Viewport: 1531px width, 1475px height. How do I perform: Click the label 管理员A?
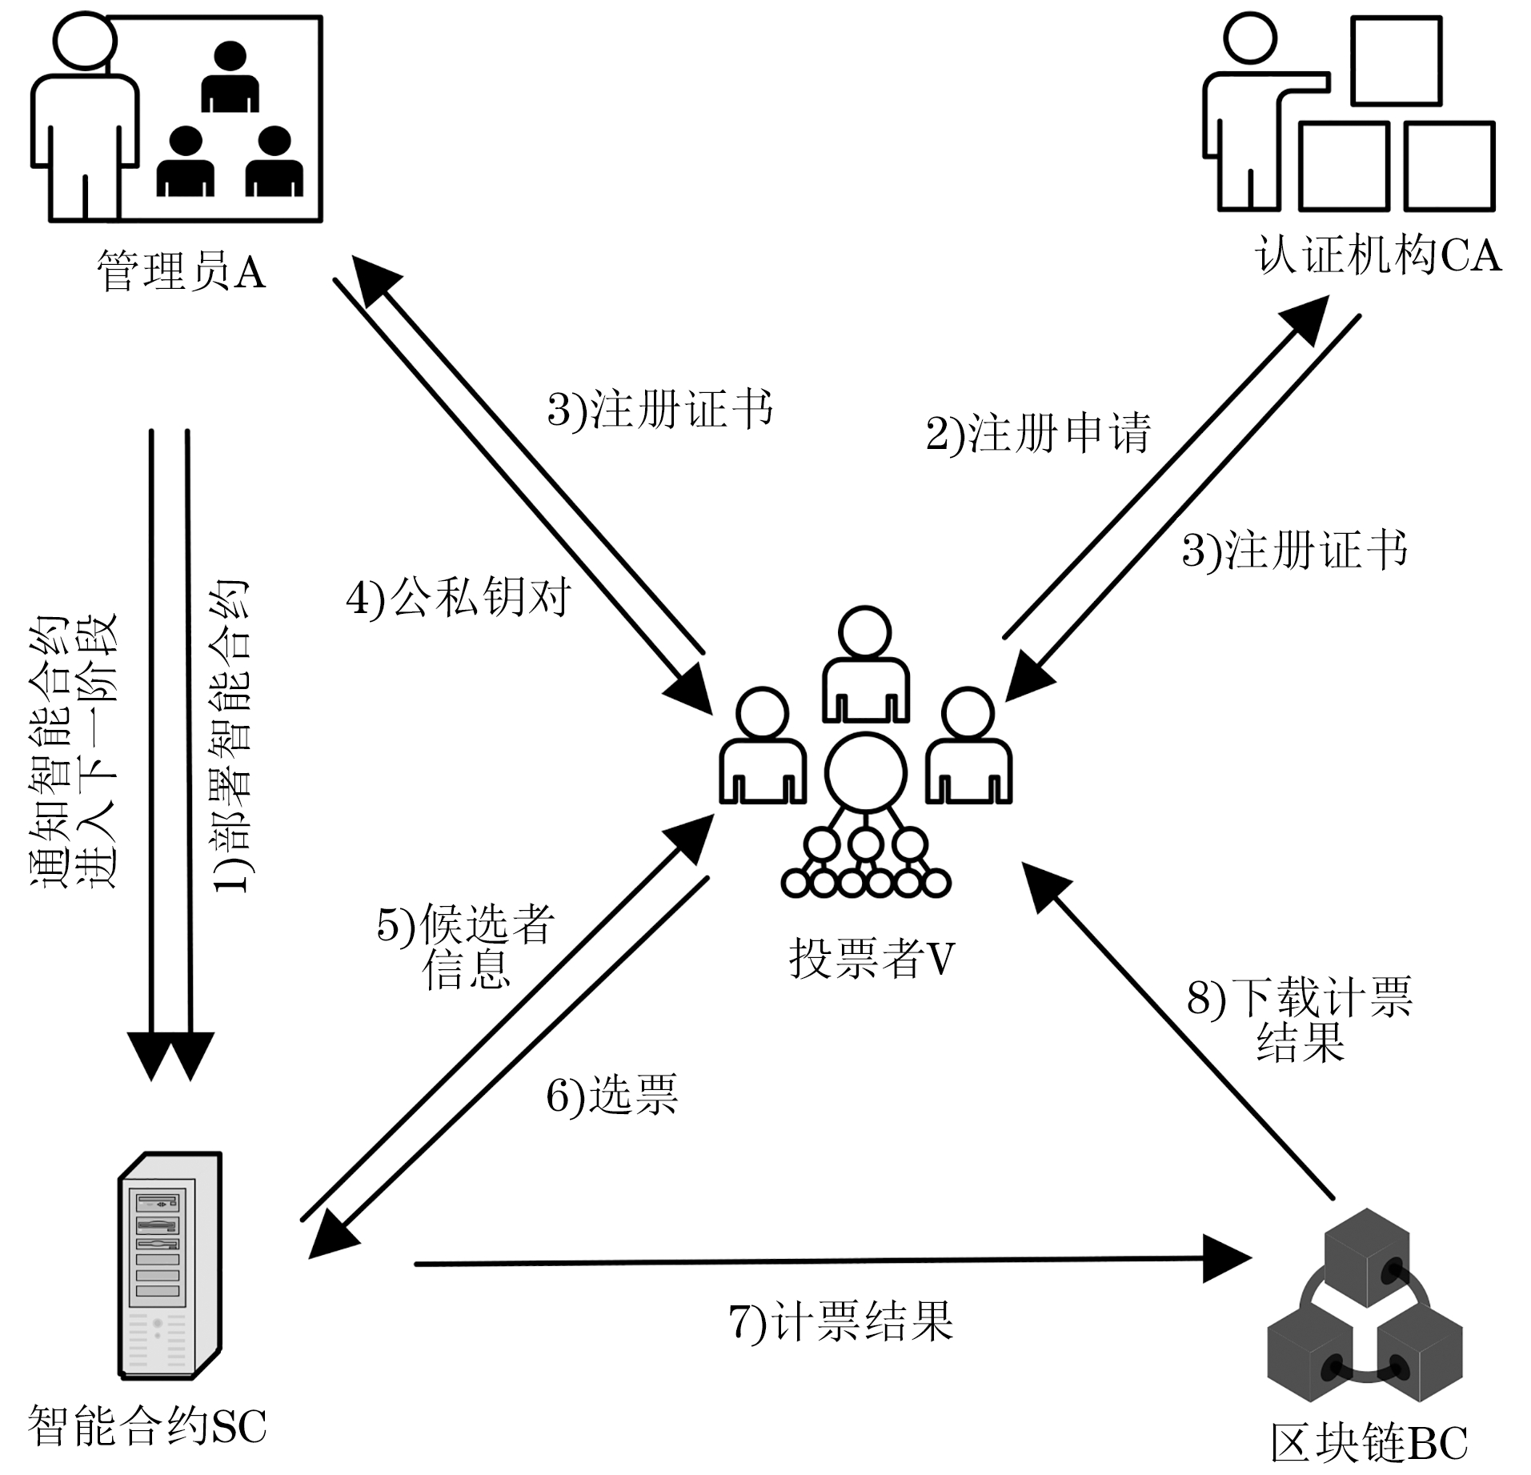coord(181,272)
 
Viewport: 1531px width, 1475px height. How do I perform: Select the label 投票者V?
coord(872,958)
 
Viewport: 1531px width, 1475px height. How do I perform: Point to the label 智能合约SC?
coord(147,1425)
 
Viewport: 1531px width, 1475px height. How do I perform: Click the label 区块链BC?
coord(1369,1443)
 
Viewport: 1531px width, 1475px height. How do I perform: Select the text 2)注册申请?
coord(1038,434)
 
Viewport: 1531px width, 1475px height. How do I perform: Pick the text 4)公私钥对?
coord(459,597)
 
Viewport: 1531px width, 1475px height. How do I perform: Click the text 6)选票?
coord(612,1095)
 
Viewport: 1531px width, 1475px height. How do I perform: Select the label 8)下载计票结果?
coord(1300,1019)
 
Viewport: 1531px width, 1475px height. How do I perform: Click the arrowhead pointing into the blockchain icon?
coord(1228,1259)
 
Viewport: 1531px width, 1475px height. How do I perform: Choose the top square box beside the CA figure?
coord(1396,62)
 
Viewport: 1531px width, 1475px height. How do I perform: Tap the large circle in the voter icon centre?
coord(866,772)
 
